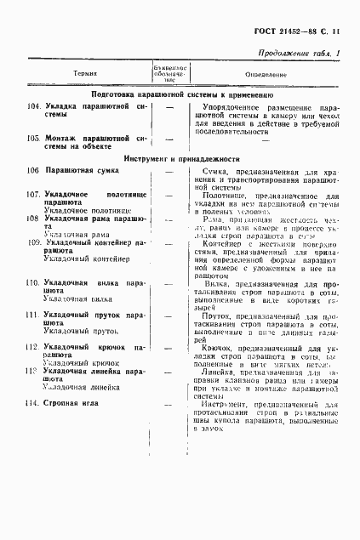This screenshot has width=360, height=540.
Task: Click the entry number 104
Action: pyautogui.click(x=34, y=109)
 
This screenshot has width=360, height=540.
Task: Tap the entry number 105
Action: pyautogui.click(x=34, y=136)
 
